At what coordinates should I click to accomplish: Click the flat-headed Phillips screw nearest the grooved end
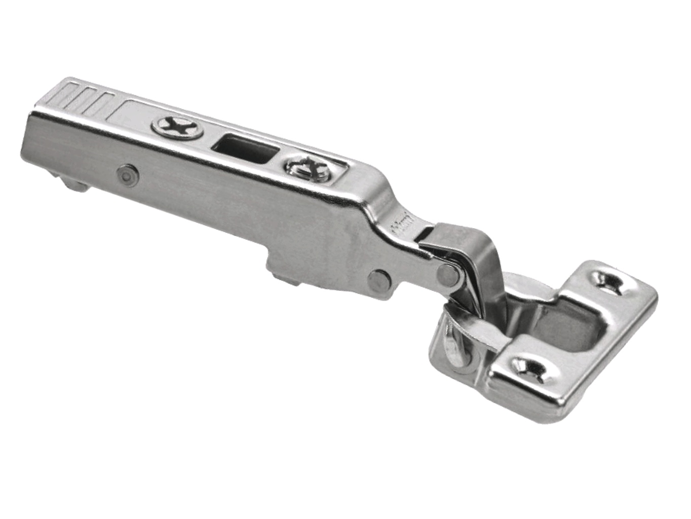pos(177,127)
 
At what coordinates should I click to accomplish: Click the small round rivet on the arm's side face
pos(127,175)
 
